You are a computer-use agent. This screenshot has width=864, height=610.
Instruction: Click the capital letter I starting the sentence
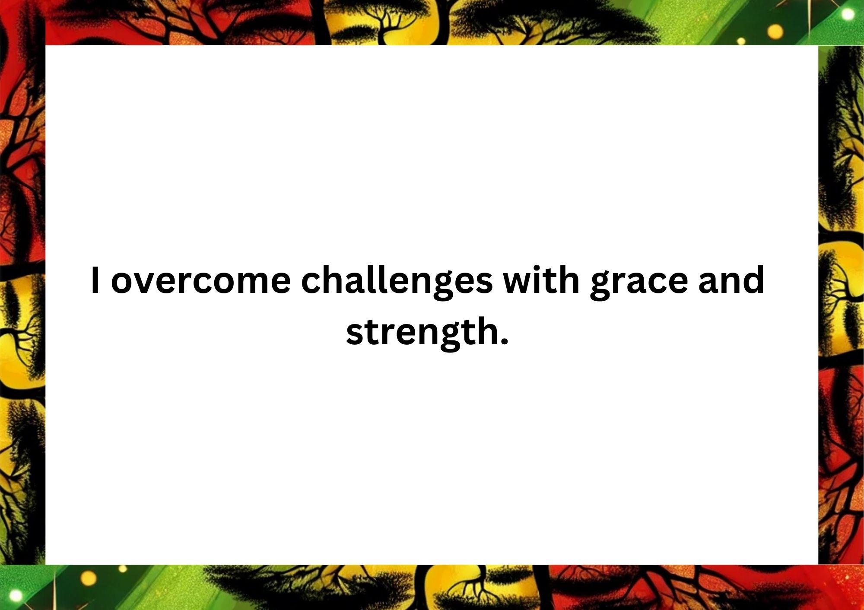click(95, 280)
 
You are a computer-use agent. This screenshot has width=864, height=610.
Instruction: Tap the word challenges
click(397, 283)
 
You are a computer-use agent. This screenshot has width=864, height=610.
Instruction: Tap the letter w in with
click(519, 284)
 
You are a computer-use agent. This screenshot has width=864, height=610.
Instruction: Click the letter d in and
click(753, 280)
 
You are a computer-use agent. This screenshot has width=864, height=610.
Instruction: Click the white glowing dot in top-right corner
click(848, 14)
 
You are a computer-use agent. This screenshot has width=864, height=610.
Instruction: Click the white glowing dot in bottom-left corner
click(16, 596)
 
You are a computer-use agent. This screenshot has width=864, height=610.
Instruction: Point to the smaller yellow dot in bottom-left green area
click(123, 569)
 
